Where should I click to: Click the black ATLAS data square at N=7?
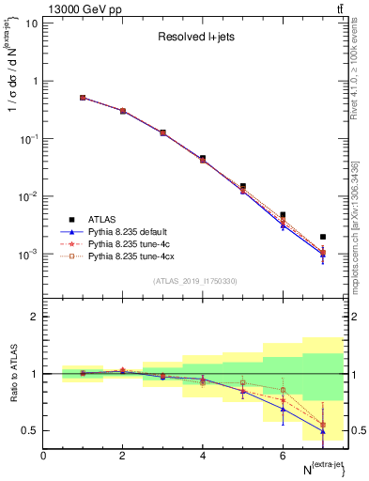click(x=323, y=237)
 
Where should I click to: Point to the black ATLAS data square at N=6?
click(x=283, y=215)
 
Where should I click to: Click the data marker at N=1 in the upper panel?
click(x=83, y=97)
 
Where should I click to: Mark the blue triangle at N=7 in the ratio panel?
click(x=323, y=430)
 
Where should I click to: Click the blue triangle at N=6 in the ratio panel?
click(x=283, y=409)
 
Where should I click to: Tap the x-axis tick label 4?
click(x=203, y=456)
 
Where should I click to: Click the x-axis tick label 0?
click(x=43, y=456)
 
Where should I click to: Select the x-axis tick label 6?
click(x=283, y=456)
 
